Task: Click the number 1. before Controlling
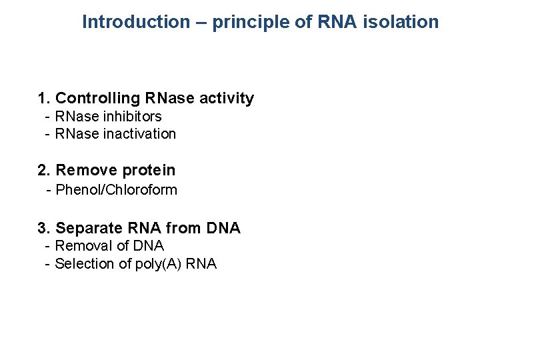(x=45, y=99)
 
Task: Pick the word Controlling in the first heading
(x=98, y=99)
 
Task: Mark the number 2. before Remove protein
(x=45, y=171)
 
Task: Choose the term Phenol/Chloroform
(x=117, y=190)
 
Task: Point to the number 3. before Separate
(x=45, y=229)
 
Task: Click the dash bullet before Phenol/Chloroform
(x=49, y=190)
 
